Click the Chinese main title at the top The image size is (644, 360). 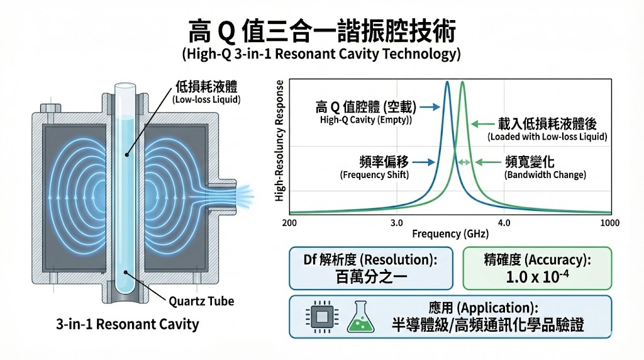(x=321, y=29)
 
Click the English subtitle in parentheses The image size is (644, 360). (x=321, y=54)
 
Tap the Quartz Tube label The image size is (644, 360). (x=201, y=301)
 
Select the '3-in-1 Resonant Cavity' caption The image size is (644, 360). (x=127, y=325)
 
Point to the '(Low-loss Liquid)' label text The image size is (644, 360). (x=207, y=99)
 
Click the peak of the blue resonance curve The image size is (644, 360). (x=447, y=82)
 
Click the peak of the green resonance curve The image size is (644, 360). (x=462, y=82)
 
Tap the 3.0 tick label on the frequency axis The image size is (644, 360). (x=396, y=223)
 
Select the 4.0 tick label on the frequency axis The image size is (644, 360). (x=504, y=223)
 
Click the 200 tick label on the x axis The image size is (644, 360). (x=290, y=223)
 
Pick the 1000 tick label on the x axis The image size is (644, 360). (x=609, y=223)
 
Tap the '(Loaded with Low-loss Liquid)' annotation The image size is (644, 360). (x=547, y=137)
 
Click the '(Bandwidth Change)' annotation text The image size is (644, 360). (x=545, y=174)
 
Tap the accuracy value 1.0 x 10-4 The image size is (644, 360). (x=536, y=277)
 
